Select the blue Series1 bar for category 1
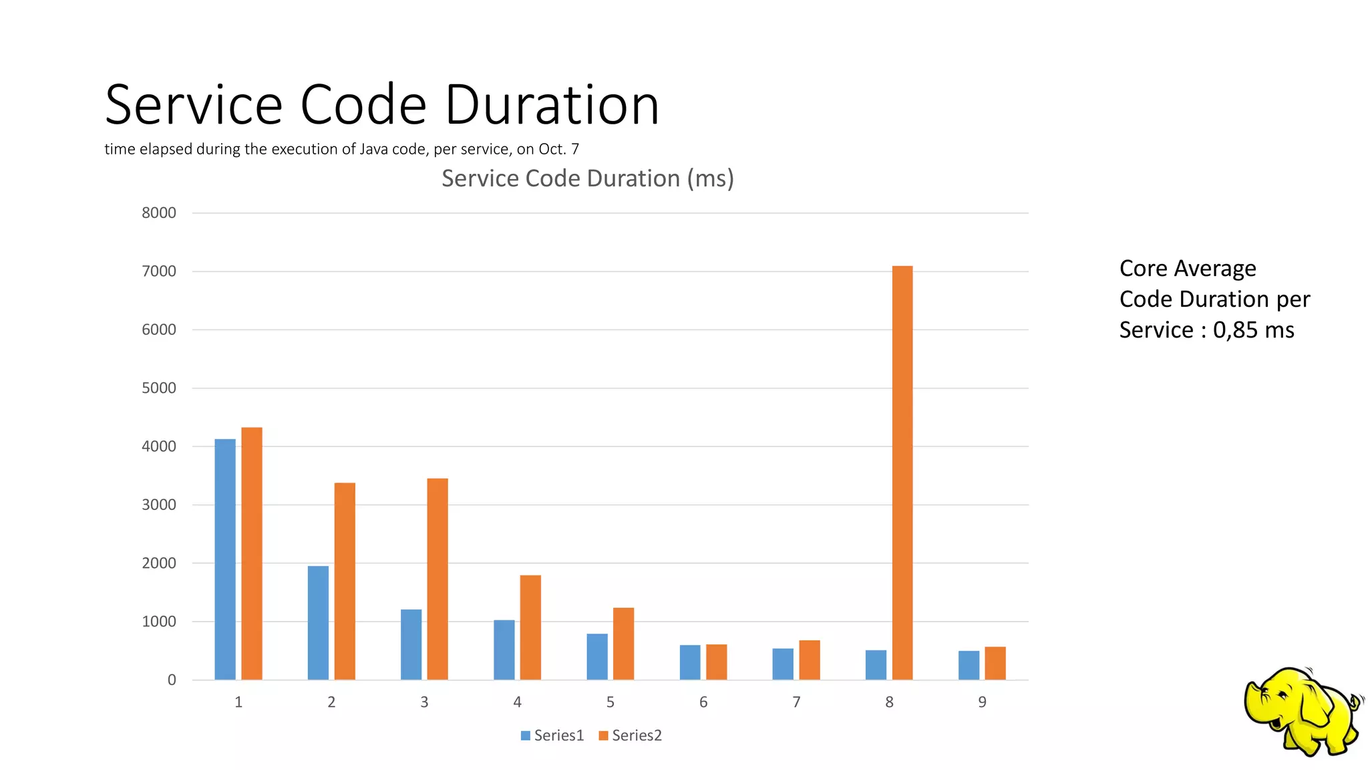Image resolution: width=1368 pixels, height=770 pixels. [225, 559]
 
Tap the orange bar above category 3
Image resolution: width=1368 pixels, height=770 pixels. [438, 579]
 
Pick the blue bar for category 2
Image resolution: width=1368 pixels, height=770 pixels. [318, 622]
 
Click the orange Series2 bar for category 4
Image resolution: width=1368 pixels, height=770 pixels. [530, 627]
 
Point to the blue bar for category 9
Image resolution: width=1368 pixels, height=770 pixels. [969, 665]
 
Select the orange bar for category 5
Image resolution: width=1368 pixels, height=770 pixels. [623, 643]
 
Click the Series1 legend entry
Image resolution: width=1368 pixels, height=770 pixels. [552, 735]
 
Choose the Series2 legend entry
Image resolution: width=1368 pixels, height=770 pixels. [631, 735]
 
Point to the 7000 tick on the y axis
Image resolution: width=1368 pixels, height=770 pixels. [159, 271]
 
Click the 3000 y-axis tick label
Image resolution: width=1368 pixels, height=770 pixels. [159, 505]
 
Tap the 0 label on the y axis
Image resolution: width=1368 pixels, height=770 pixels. [172, 680]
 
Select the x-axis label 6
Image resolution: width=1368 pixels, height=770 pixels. [703, 702]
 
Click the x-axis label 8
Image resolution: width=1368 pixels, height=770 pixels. [889, 702]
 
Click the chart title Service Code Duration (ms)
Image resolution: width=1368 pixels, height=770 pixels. [588, 178]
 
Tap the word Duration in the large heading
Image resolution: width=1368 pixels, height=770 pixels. [552, 105]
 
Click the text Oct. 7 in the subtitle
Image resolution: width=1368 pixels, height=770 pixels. [558, 149]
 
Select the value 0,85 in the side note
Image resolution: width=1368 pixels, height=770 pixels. [1234, 330]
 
